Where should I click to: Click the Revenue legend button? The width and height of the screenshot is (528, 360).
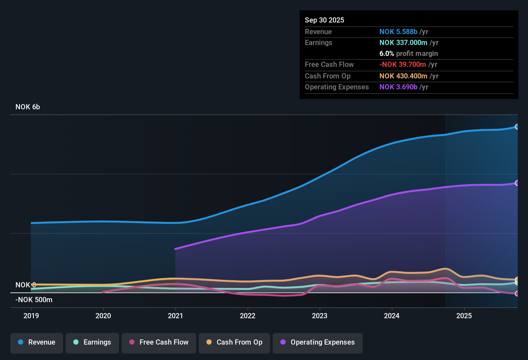tap(37, 342)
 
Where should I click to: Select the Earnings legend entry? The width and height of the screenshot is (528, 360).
tap(92, 342)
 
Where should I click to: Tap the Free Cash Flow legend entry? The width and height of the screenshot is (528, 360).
tap(159, 342)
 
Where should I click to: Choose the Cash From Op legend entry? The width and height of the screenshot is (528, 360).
tap(234, 342)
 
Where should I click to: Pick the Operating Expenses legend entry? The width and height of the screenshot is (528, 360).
tap(318, 342)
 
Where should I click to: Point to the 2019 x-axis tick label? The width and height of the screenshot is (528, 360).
tap(31, 316)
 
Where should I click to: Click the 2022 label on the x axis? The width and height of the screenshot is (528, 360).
tap(248, 316)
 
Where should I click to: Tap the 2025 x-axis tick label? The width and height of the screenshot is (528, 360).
tap(464, 316)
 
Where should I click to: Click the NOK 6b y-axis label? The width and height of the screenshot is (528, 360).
tap(28, 107)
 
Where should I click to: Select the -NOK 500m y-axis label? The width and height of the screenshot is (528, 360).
tap(34, 300)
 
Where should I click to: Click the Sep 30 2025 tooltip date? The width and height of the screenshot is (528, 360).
tap(324, 20)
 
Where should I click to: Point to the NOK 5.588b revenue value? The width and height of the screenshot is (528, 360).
tap(398, 32)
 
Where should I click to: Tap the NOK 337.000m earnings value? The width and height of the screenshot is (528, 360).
tap(403, 42)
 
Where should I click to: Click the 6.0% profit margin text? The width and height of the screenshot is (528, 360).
tap(408, 53)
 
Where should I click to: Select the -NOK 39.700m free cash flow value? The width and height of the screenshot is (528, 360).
tap(403, 64)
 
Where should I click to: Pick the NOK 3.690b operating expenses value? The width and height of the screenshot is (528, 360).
tap(398, 87)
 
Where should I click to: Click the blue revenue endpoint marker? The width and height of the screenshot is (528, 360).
tap(517, 127)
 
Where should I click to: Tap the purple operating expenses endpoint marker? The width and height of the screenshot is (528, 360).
tap(517, 183)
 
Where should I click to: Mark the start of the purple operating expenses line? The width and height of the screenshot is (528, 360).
tap(175, 249)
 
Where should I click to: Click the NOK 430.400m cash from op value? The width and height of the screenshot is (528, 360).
tap(403, 76)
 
